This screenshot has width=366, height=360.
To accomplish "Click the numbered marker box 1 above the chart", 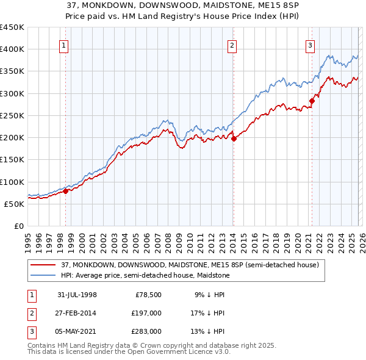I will click(64, 45).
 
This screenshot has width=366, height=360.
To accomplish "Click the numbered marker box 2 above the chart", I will click(232, 45).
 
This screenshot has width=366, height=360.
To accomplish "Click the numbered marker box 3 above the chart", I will click(310, 45).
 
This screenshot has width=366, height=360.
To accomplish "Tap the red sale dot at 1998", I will click(66, 191).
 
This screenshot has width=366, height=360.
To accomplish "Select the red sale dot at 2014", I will click(234, 139).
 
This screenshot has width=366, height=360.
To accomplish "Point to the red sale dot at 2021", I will click(312, 101).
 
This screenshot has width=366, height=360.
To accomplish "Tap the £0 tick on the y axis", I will click(18, 226).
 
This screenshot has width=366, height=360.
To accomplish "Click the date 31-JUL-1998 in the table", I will click(77, 295).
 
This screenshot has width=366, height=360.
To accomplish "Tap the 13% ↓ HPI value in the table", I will click(208, 331).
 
